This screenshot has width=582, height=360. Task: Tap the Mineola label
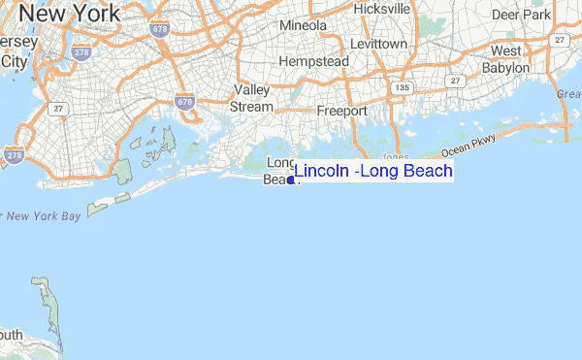303,24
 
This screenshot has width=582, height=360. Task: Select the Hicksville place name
382,8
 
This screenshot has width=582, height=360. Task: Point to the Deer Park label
521,16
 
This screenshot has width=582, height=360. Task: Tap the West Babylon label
506,59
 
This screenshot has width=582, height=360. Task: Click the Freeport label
341,111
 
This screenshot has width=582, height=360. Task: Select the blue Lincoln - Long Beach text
373,172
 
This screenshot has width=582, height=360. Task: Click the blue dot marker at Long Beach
291,180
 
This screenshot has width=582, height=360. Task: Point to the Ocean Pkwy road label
469,147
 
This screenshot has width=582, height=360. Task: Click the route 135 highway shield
400,88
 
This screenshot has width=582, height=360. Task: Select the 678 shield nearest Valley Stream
185,101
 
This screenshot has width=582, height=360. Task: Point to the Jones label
395,156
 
